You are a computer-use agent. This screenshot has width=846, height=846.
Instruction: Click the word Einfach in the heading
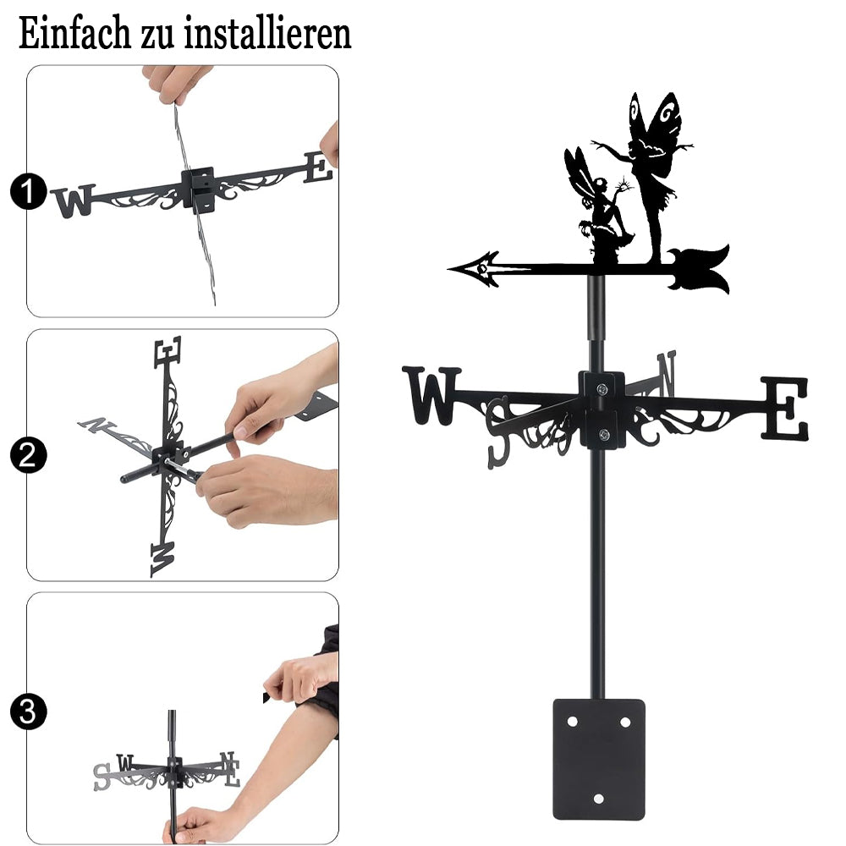74,34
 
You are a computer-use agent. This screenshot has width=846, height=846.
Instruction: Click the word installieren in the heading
267,34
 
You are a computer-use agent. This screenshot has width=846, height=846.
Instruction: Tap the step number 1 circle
28,191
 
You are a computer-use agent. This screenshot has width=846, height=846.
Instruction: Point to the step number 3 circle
28,711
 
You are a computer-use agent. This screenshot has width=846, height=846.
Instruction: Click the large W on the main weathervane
431,395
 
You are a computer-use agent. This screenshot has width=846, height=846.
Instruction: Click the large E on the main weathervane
785,409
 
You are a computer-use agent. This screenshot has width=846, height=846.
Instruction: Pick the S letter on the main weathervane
498,432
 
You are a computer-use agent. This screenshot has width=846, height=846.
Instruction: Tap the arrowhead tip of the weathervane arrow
450,267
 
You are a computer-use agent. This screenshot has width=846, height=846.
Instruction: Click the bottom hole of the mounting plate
598,798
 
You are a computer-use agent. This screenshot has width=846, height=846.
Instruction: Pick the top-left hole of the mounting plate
573,722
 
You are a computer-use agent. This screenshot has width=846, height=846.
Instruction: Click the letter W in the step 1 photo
74,201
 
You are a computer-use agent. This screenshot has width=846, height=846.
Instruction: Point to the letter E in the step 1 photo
318,168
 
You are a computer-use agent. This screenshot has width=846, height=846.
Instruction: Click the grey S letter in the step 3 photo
102,777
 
